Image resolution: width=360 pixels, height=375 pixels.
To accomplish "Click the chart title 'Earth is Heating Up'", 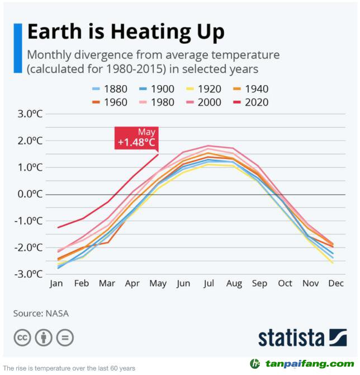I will tap(126, 32).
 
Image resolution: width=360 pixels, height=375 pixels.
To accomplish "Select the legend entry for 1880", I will tap(110, 88).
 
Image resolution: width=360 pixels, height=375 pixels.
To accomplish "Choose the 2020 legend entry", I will tap(251, 102).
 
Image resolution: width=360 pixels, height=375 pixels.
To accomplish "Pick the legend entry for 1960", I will tap(110, 102).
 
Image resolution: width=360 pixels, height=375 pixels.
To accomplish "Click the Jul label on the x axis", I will tap(209, 283).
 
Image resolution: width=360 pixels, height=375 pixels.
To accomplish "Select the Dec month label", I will tap(336, 283).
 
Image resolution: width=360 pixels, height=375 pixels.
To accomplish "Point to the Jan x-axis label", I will tap(56, 283).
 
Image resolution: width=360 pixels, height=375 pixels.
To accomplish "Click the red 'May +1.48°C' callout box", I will tap(136, 138).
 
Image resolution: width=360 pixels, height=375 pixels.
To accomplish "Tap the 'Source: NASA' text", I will tap(41, 313).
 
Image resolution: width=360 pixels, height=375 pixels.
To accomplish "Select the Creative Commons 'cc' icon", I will tap(22, 337).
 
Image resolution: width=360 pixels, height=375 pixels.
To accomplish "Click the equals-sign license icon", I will tap(65, 337).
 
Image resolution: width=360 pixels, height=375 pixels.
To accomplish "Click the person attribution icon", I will tap(44, 337).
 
